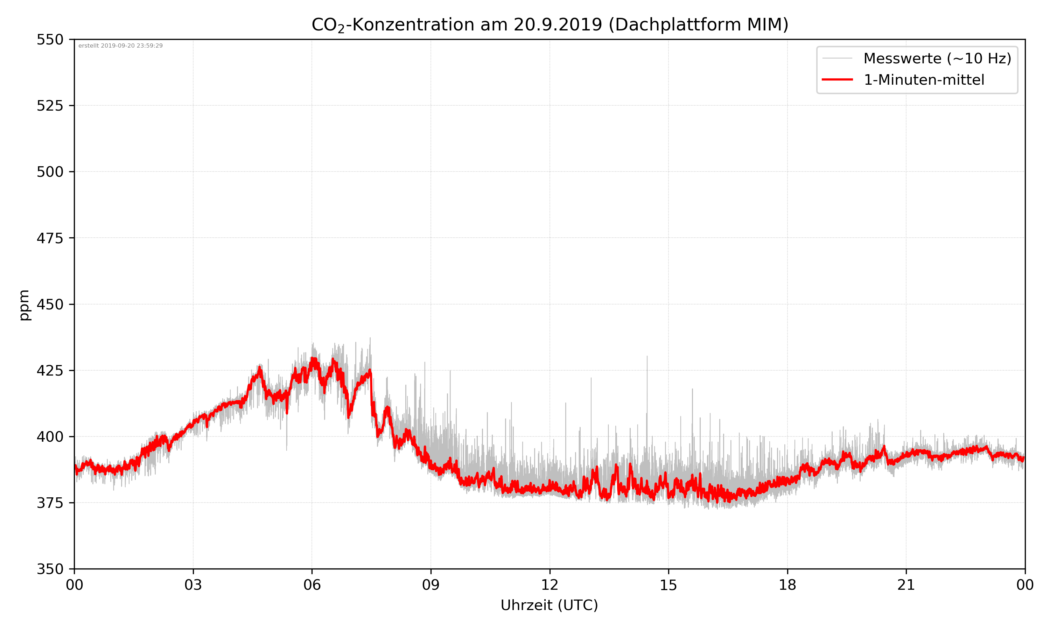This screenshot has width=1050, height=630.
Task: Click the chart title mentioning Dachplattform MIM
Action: point(549,24)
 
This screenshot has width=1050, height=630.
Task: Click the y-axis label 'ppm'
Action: point(24,305)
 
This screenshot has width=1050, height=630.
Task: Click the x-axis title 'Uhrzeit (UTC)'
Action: point(549,605)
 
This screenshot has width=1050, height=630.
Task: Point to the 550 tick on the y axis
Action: point(50,40)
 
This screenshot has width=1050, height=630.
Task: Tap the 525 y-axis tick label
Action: point(50,106)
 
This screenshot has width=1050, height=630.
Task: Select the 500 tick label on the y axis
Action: point(50,172)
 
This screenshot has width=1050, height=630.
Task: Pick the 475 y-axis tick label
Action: point(50,238)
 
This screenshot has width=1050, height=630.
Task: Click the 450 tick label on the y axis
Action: point(50,304)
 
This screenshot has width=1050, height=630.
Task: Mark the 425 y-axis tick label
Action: point(50,371)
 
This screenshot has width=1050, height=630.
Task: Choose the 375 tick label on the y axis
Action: point(50,503)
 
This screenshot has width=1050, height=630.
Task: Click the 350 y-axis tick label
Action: point(50,569)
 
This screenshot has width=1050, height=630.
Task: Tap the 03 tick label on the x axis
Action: point(193,585)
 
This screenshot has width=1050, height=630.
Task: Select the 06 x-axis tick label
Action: point(312,585)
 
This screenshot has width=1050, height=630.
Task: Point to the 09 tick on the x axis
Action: point(431,585)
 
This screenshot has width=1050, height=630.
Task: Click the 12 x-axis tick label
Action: point(549,585)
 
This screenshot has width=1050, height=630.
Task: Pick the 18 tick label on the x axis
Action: point(787,585)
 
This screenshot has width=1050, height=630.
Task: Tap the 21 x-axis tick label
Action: point(906,585)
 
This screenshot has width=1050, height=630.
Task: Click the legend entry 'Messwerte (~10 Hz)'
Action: point(937,58)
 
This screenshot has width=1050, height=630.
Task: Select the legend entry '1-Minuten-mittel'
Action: point(924,80)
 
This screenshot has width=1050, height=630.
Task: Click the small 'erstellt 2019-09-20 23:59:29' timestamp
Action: point(120,46)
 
